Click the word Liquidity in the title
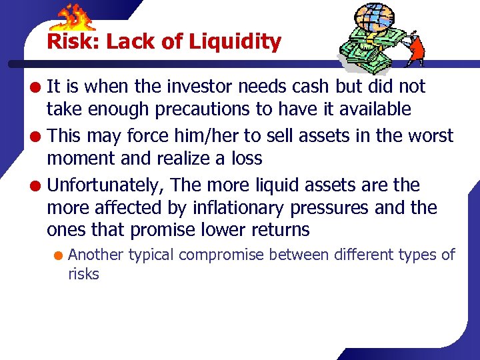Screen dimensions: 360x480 click(235, 43)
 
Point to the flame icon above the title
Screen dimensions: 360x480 click(75, 19)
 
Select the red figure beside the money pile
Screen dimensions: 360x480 click(415, 47)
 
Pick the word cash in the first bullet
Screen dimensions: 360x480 click(312, 87)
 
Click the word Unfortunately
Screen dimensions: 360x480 click(106, 185)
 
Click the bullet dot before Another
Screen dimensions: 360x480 click(59, 255)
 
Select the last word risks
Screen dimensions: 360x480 click(83, 274)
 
